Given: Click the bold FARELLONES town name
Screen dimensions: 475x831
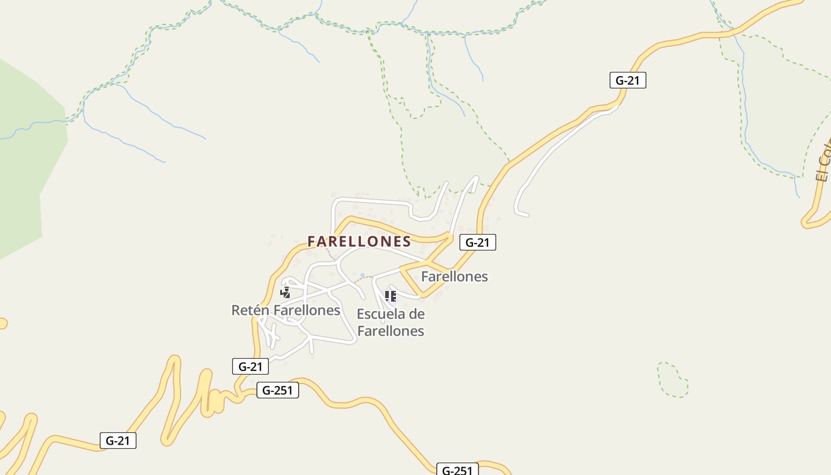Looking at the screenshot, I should coord(359,241).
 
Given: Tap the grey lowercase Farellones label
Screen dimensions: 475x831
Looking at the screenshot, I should coord(454,276).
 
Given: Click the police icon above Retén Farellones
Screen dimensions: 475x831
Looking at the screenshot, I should coord(286,292).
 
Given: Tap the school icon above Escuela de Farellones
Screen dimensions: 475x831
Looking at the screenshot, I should coord(390,296).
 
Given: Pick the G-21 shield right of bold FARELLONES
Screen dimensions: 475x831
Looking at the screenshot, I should coord(477,242).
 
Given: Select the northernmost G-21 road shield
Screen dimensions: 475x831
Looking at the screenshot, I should coord(627,80).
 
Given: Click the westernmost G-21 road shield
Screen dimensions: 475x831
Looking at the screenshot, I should coord(118,441).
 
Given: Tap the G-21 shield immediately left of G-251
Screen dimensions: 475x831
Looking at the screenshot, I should coord(250,366).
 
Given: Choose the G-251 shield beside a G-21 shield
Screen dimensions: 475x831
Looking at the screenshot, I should coord(277,391).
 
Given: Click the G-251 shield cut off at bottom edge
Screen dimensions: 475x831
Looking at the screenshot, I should coord(457,470).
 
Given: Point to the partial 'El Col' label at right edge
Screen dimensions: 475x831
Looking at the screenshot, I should coord(823,160).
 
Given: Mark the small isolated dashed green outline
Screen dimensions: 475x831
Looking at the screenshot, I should coord(673,379).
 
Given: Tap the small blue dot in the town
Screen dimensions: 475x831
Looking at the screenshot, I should coord(362,275).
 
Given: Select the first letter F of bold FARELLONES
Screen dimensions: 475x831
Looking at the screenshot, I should coord(312,241).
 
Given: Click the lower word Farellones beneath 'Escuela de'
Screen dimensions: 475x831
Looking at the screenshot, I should coord(391,331).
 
